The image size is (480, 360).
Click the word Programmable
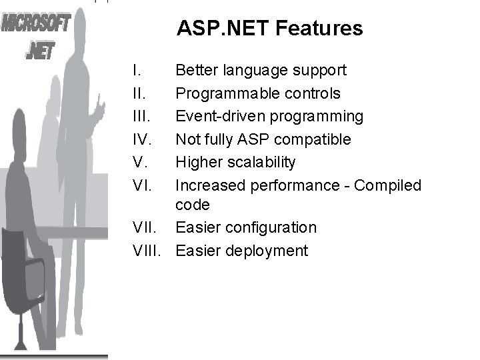(225, 93)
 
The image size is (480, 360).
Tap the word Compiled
(388, 185)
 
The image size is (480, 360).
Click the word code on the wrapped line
(193, 205)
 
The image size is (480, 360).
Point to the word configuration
(271, 227)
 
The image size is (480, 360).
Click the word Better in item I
(195, 70)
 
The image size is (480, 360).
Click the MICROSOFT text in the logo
(37, 26)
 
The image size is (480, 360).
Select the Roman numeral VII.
(146, 227)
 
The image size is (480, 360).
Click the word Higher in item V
(197, 162)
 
